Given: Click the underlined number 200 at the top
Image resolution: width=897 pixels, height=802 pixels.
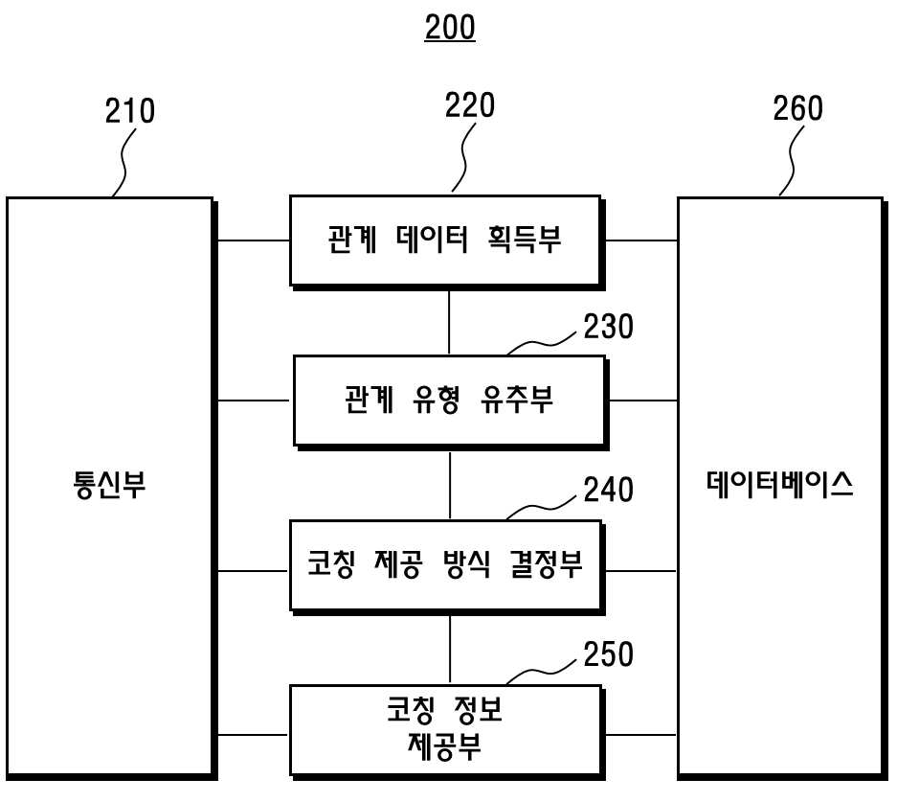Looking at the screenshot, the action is click(450, 28).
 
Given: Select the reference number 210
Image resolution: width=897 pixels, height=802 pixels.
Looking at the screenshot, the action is click(130, 111).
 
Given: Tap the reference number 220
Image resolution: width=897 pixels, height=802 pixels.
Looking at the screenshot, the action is click(470, 106).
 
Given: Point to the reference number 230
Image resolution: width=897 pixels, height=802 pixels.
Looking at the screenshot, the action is click(608, 327).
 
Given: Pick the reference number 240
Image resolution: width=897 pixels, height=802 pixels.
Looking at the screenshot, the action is click(608, 490).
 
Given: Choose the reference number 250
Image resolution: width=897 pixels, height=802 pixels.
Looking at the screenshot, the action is click(608, 654).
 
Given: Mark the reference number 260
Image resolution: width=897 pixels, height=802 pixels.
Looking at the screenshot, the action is click(798, 108).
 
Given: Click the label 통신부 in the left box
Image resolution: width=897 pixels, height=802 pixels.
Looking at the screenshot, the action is click(109, 485).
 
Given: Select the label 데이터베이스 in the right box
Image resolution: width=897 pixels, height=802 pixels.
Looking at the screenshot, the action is click(779, 484).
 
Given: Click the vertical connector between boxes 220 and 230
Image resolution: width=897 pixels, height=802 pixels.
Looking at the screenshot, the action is click(449, 323).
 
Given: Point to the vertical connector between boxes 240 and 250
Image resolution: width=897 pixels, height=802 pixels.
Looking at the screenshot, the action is click(450, 650).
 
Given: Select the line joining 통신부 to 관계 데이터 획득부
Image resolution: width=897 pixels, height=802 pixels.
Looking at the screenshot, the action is click(254, 241).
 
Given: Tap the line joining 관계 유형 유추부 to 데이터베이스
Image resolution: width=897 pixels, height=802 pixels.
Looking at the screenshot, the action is click(643, 401).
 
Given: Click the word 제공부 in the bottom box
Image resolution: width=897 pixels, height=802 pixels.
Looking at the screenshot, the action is click(444, 746).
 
